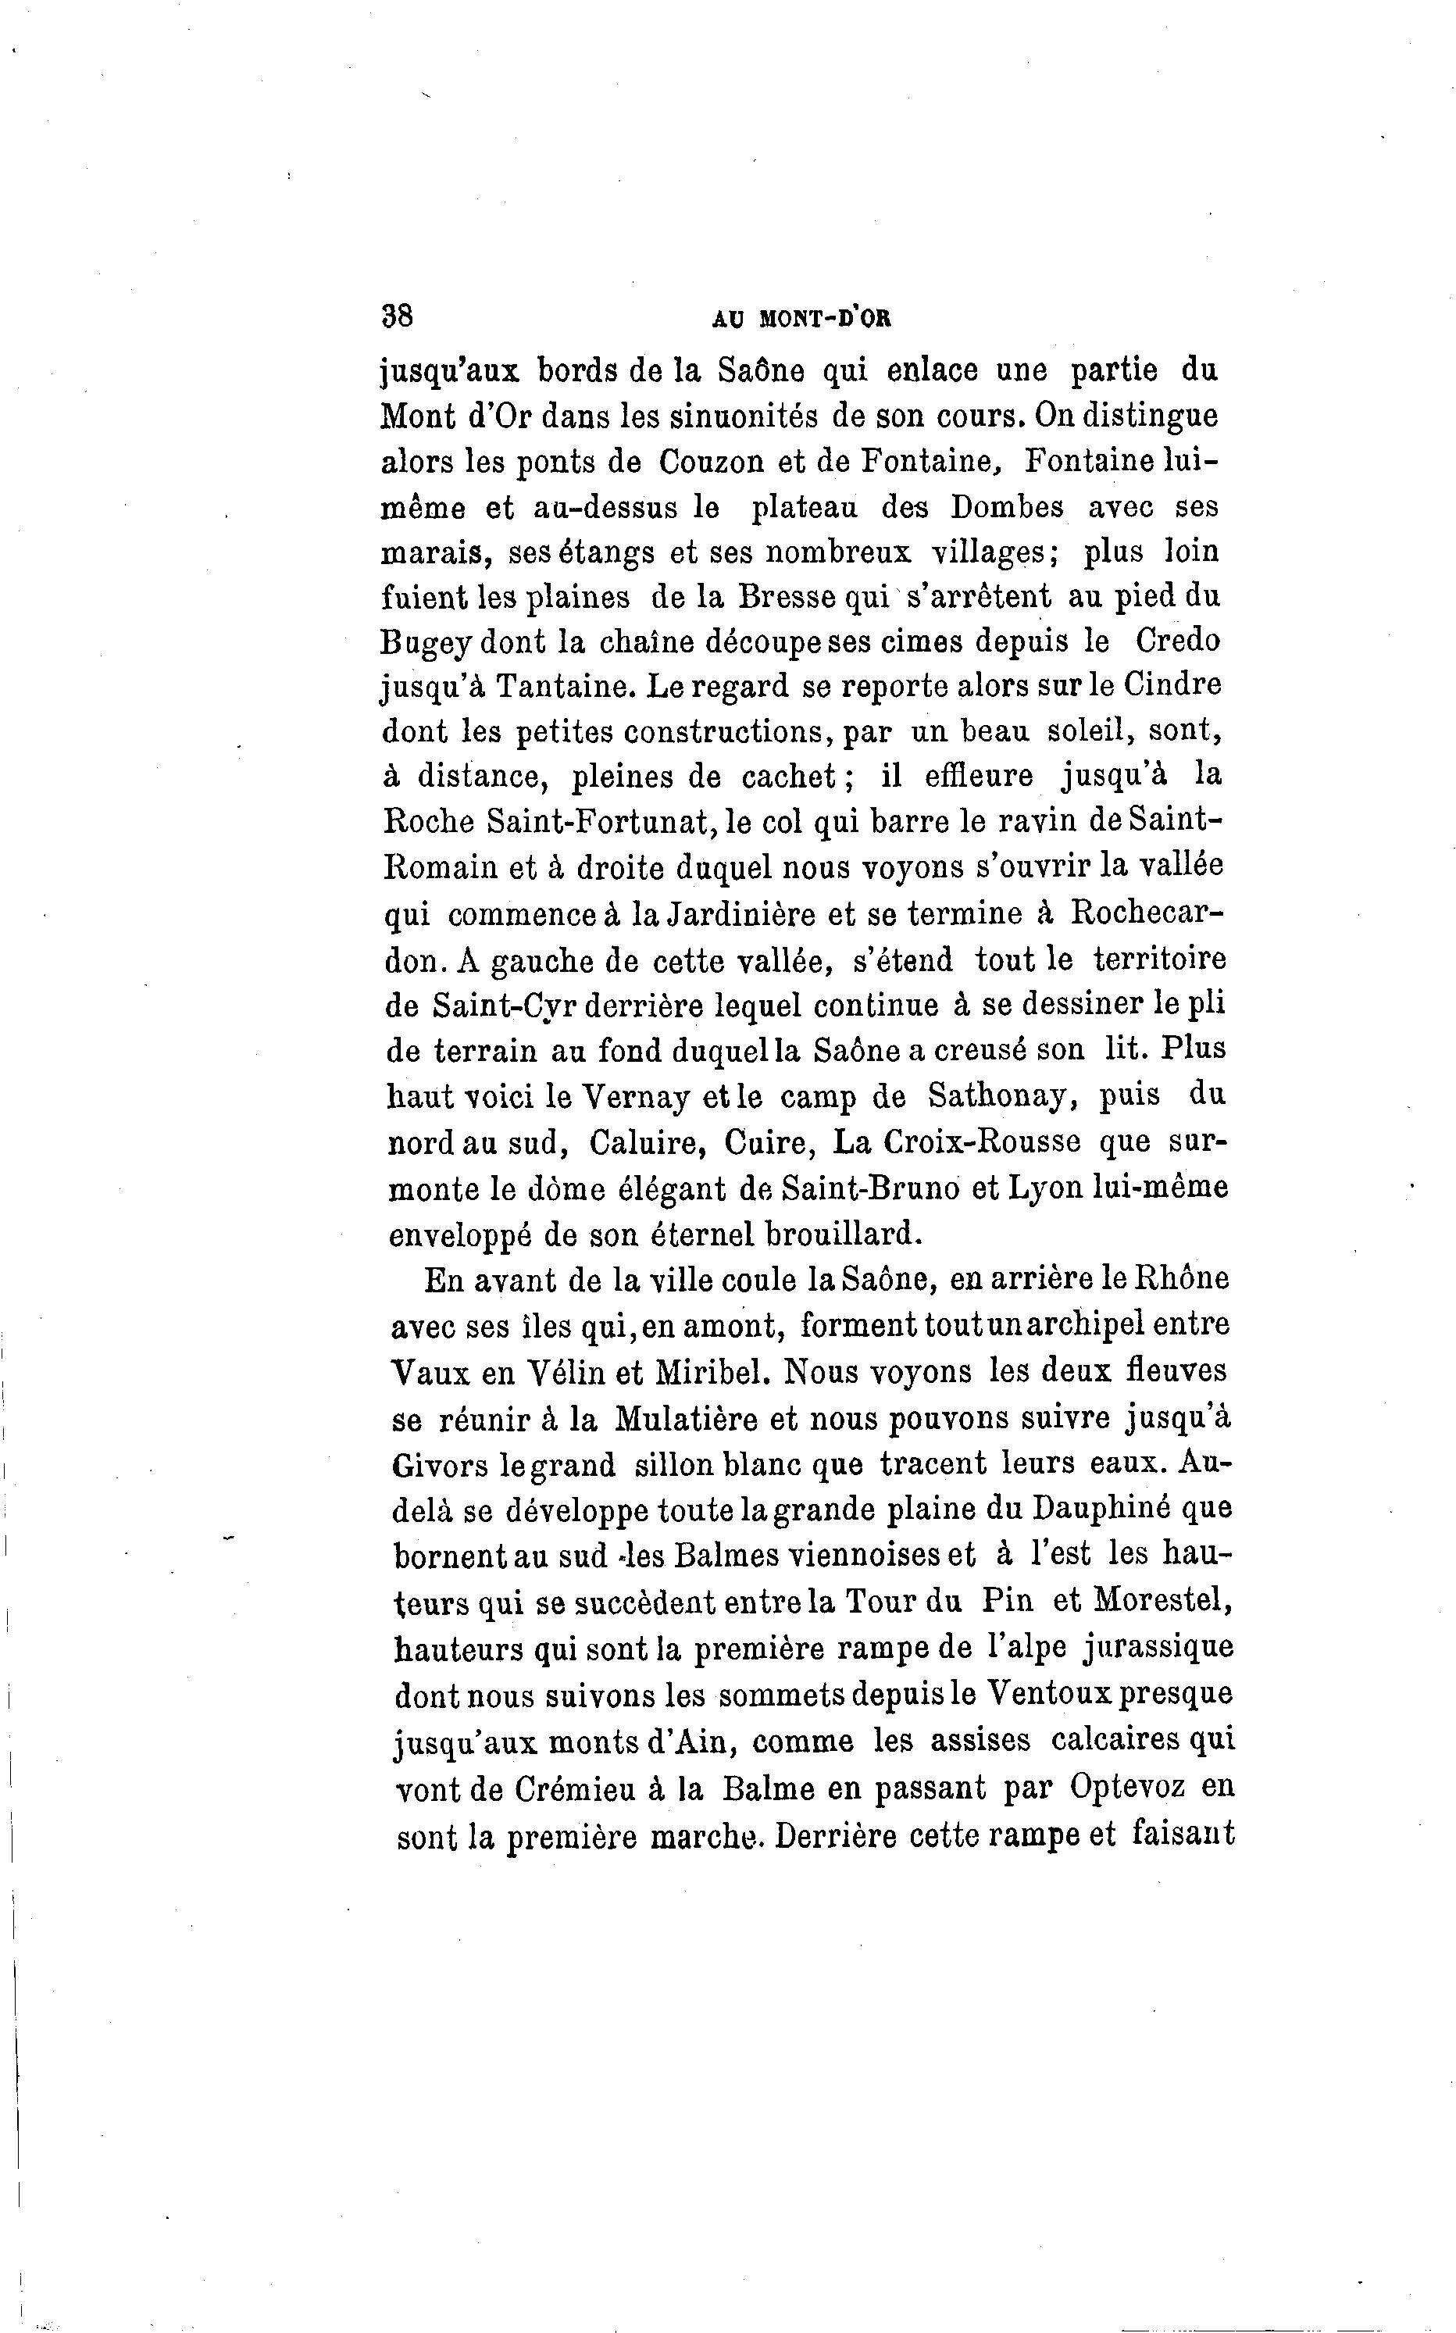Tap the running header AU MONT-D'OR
[x=801, y=319]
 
